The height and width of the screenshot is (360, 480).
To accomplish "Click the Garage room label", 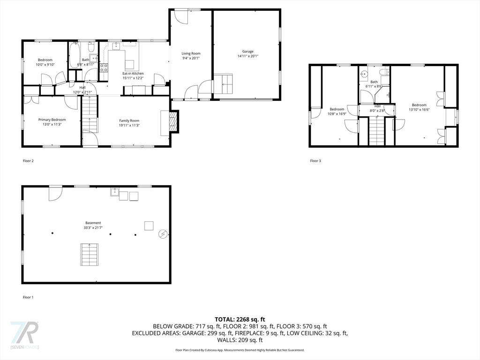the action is pyautogui.click(x=247, y=52).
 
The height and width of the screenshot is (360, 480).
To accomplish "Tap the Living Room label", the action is pyautogui.click(x=191, y=53).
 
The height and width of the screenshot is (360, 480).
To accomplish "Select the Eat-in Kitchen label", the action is pyautogui.click(x=133, y=74).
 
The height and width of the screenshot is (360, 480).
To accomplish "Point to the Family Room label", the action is pyautogui.click(x=129, y=120).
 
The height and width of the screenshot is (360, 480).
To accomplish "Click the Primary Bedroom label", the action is pyautogui.click(x=52, y=120).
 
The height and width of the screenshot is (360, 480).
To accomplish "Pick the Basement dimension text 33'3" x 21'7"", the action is pyautogui.click(x=93, y=228).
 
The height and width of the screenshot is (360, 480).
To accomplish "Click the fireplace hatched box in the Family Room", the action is pyautogui.click(x=173, y=121).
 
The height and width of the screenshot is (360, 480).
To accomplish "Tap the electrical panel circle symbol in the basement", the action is pyautogui.click(x=163, y=234).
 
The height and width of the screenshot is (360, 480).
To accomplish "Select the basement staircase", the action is pyautogui.click(x=90, y=255).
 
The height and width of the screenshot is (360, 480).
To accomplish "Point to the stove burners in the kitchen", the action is pyautogui.click(x=104, y=67).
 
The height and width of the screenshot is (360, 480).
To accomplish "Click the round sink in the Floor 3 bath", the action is pyautogui.click(x=364, y=74).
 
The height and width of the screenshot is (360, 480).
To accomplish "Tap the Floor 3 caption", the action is pyautogui.click(x=315, y=161).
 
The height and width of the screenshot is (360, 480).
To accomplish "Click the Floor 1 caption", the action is pyautogui.click(x=28, y=297).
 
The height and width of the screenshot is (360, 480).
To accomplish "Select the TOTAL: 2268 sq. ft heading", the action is pyautogui.click(x=240, y=320).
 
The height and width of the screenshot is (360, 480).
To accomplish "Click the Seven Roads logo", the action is pyautogui.click(x=24, y=335).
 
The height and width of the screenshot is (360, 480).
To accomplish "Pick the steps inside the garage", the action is pyautogui.click(x=223, y=83).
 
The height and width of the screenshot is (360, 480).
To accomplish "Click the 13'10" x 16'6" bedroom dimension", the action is pyautogui.click(x=419, y=110).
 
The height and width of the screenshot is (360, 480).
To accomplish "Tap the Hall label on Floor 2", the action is pyautogui.click(x=82, y=88).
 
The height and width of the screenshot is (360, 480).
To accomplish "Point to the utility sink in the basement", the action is pyautogui.click(x=115, y=192).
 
